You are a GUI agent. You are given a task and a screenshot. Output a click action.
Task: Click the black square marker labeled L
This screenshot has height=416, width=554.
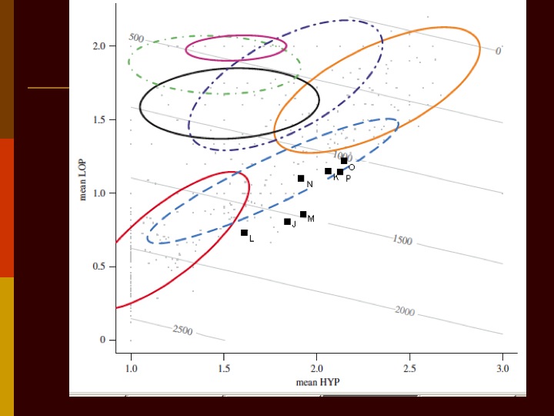pos(244,233)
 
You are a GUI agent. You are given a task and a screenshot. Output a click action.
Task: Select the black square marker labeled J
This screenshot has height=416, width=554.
pos(287,222)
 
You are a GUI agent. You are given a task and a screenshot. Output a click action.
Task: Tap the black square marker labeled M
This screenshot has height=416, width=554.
pos(303,215)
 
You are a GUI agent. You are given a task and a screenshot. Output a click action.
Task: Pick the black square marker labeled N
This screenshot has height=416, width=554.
pos(301,179)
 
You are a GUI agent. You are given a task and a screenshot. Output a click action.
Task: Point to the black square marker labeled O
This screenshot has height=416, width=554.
pos(344,161)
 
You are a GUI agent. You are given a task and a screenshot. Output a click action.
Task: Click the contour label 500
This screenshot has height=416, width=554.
pos(136,38)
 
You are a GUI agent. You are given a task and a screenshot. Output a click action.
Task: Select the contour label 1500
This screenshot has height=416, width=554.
pos(402,240)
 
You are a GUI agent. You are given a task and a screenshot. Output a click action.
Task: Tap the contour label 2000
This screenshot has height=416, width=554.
pos(405,310)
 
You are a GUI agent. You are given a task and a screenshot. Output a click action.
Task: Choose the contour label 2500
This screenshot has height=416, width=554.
pos(182,330)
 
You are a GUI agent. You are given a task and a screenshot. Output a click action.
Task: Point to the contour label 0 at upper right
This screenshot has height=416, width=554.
pos(498,51)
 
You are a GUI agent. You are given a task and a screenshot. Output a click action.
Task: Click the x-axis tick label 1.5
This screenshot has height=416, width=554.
pos(223,369)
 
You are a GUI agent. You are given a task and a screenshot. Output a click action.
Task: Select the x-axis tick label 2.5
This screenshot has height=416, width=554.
pos(409,369)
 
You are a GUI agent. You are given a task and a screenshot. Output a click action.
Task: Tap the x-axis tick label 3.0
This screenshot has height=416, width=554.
pos(502,369)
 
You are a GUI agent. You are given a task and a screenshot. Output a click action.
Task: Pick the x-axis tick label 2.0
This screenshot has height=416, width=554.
pos(316,369)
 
